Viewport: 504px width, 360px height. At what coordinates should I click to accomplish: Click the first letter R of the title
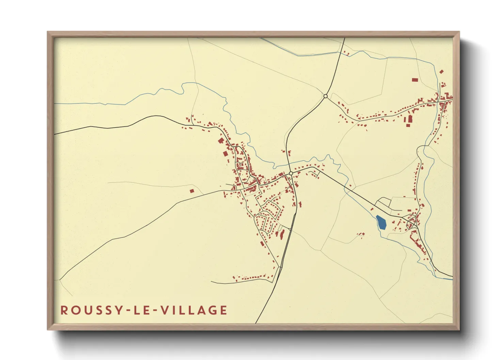pos(64,310)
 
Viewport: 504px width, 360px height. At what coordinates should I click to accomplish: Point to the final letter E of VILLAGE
pos(223,310)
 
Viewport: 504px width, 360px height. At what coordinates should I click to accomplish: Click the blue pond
pos(381,223)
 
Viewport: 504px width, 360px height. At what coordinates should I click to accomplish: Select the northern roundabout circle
pos(326,96)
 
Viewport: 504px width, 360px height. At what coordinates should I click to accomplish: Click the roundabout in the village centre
pos(291,174)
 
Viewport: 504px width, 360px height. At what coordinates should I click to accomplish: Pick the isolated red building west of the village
pos(192,191)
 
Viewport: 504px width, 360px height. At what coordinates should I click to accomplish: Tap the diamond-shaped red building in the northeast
pos(442,71)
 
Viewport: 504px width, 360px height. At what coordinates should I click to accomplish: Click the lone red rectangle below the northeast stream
pos(414,80)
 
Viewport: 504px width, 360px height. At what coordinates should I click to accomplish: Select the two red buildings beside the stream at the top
pos(346,53)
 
